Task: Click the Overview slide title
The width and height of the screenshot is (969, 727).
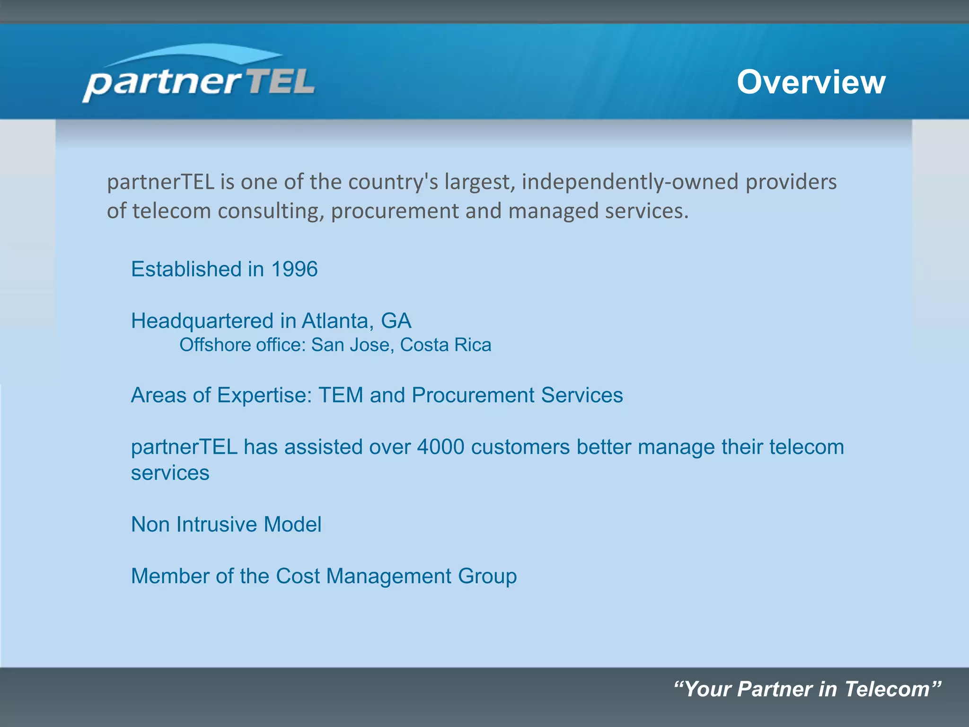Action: (811, 82)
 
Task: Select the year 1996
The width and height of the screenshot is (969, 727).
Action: (294, 269)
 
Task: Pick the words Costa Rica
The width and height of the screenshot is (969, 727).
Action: (445, 345)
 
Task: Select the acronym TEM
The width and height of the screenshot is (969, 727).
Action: (341, 395)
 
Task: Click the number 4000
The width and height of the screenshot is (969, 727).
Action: (440, 447)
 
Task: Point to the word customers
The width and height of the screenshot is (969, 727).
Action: (520, 447)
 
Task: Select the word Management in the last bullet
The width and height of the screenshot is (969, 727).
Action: (388, 576)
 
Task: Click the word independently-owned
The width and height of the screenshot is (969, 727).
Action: (630, 182)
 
